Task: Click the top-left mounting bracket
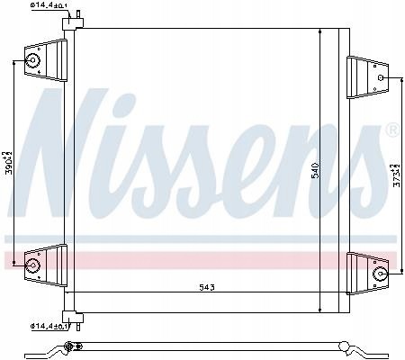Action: tap(44, 61)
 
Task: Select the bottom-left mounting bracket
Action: tap(44, 264)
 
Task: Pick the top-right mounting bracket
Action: tap(364, 76)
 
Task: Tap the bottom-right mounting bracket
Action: tap(364, 270)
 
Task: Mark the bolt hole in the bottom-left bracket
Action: tap(34, 265)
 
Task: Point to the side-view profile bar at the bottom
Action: tap(207, 346)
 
